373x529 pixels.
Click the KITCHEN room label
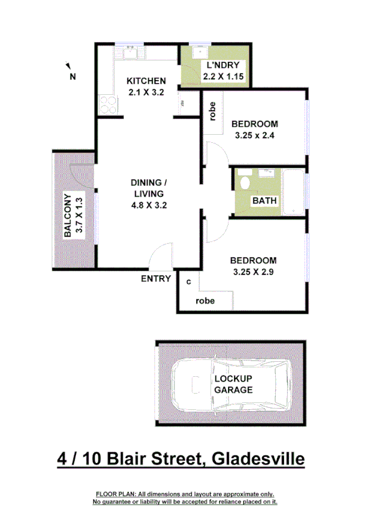(146, 81)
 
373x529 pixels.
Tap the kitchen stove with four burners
(108, 105)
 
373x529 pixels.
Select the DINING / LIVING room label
(149, 188)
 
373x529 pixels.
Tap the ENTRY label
(156, 279)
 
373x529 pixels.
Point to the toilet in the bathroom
(245, 183)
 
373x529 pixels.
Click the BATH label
(265, 201)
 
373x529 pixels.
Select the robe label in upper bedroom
(213, 110)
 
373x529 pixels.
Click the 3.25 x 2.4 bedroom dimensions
(255, 135)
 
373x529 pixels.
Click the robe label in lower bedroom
(205, 300)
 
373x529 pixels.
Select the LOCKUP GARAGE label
(234, 384)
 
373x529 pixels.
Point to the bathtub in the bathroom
(295, 192)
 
